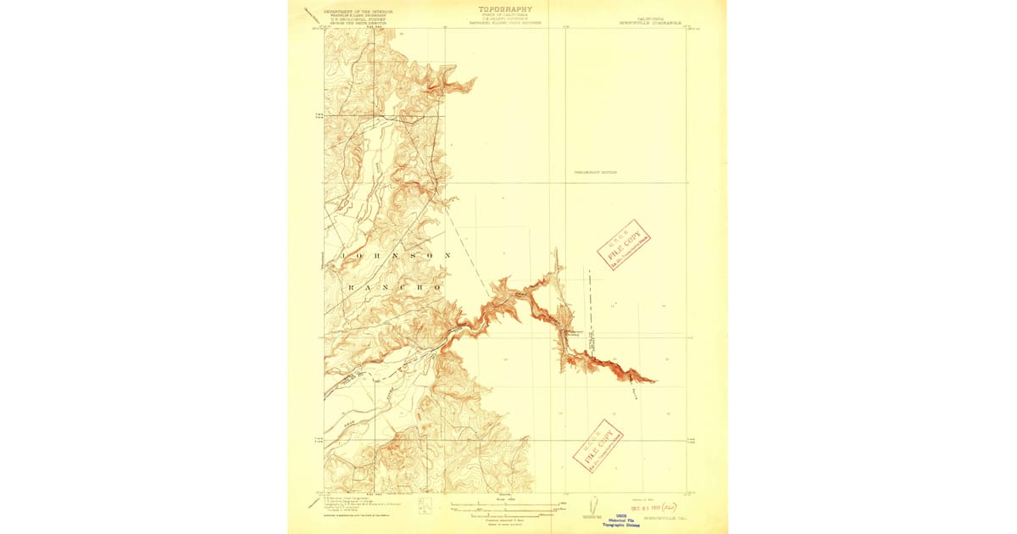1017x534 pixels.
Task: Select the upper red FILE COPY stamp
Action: click(624, 244)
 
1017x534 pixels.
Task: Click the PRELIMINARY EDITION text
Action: click(595, 172)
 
